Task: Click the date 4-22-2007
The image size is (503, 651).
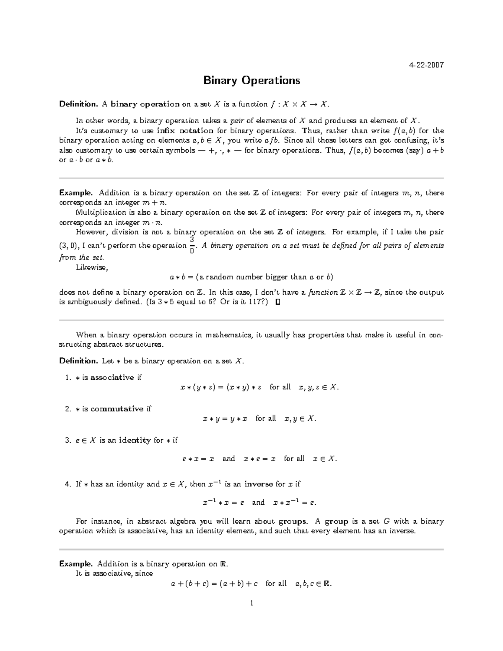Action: tap(426, 65)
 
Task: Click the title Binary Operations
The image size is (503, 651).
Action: tap(251, 80)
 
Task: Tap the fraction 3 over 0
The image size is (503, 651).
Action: tap(192, 245)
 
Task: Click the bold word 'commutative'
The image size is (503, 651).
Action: tap(117, 409)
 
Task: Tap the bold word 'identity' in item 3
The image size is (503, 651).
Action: tap(135, 440)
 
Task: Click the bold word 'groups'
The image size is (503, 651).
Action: tap(293, 521)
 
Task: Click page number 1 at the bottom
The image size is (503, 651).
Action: tap(251, 603)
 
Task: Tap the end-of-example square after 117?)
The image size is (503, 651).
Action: tap(277, 302)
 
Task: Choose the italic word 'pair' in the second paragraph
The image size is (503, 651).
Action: tap(238, 121)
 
